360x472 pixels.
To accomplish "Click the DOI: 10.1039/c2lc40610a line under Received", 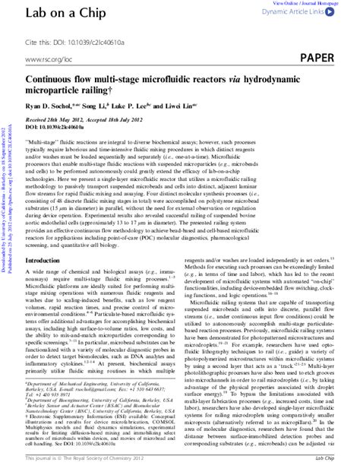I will click(x=64, y=128).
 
